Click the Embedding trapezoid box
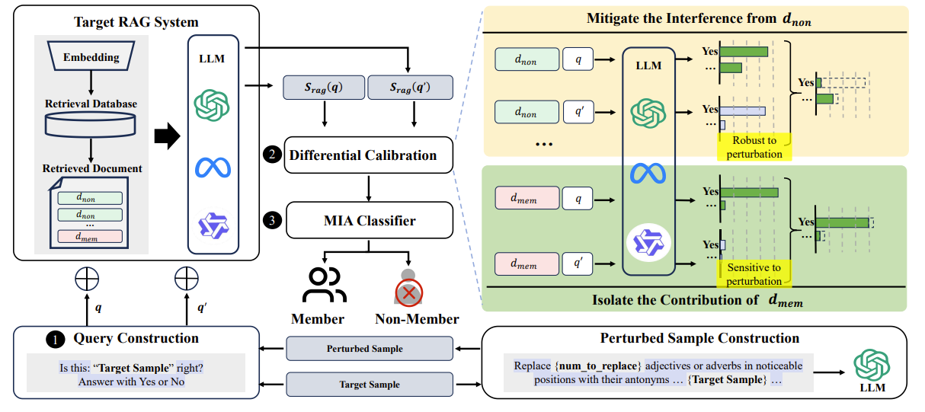tap(91, 57)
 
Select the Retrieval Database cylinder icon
tap(91, 123)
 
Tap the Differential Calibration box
tap(369, 155)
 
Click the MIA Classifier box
tap(369, 221)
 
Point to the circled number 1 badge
tap(54, 339)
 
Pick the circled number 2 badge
tap(270, 155)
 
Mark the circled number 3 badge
tap(270, 221)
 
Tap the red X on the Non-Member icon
tap(409, 292)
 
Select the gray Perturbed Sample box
tap(369, 349)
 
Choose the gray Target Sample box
tap(369, 385)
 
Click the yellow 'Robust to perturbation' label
tap(754, 147)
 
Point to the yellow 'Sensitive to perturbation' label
tap(754, 274)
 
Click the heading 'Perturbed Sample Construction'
tap(699, 338)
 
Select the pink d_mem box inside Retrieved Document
tap(90, 236)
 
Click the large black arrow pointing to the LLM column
tap(167, 137)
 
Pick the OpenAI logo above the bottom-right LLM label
tap(872, 365)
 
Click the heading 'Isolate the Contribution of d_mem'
tap(697, 300)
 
